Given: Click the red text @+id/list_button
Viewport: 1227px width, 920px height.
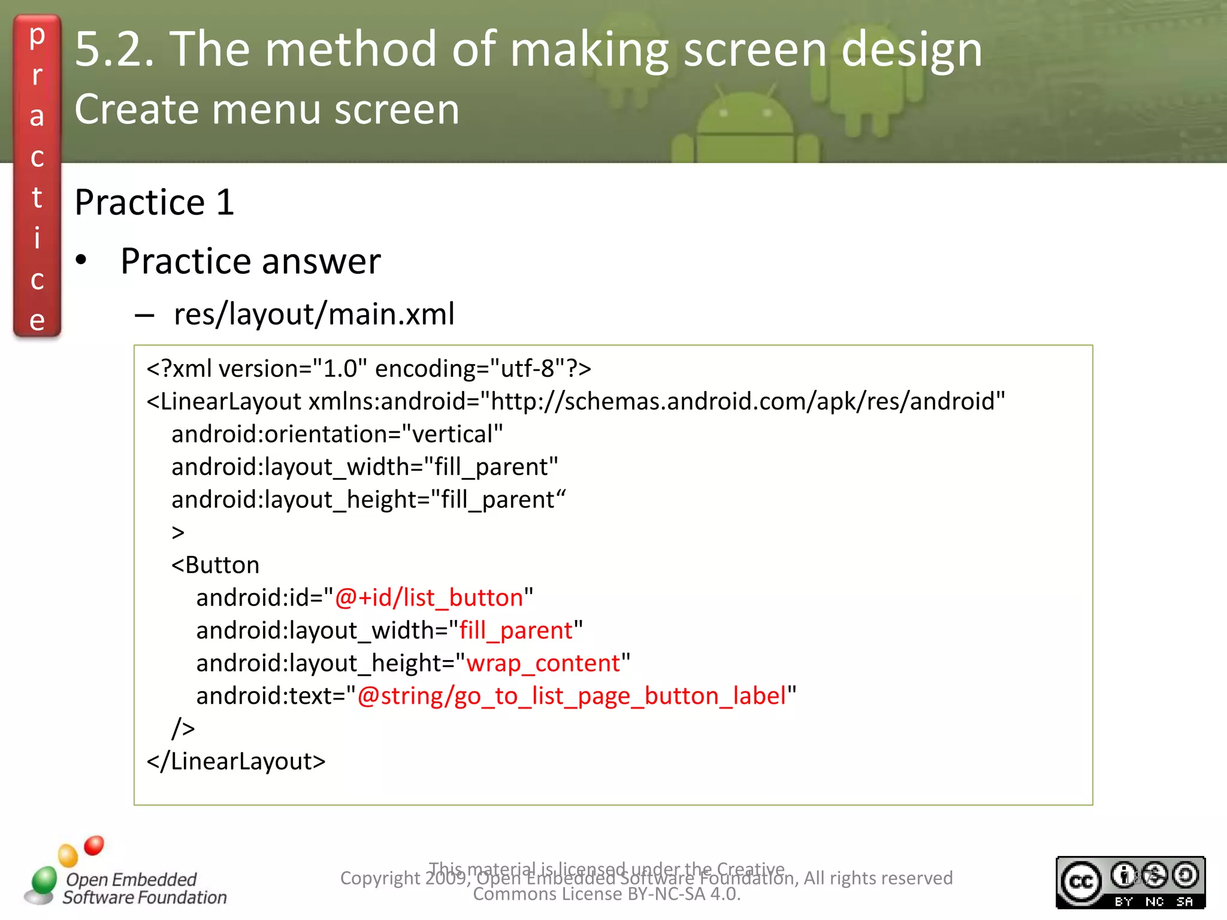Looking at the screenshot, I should (428, 598).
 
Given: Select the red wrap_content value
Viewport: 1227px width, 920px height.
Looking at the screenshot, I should (543, 663).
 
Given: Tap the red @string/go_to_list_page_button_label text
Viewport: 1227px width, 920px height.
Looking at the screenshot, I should (572, 696).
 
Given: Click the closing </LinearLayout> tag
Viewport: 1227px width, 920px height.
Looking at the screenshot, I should (236, 761).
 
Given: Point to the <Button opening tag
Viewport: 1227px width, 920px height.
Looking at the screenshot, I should (216, 565).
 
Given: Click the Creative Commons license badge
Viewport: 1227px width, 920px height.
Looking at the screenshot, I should (1130, 882).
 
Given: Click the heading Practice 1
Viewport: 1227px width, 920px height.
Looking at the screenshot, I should (154, 202).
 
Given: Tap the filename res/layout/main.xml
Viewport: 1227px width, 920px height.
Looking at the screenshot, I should (314, 314).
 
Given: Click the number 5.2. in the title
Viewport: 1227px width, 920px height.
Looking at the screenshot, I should (114, 49).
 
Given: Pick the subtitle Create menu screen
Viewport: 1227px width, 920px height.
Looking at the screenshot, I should (267, 109).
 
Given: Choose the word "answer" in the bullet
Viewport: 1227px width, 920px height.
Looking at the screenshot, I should (321, 261).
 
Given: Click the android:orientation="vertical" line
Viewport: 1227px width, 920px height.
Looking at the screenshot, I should (337, 434).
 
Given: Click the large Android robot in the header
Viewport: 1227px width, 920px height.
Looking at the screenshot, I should (745, 126).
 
